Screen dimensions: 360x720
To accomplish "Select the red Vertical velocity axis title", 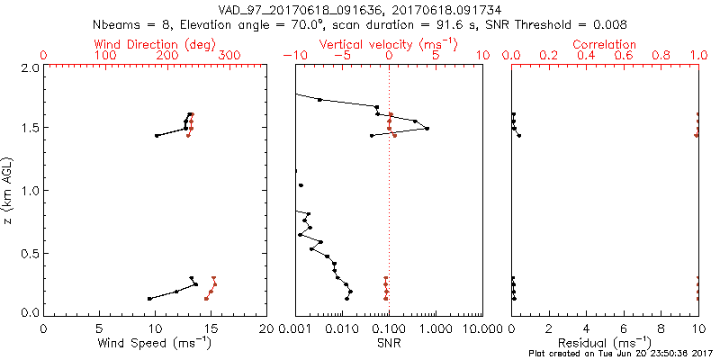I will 389,44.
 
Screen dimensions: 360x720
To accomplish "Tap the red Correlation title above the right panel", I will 605,44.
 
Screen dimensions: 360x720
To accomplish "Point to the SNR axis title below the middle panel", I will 388,342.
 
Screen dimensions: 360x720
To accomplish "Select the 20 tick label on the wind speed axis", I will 266,327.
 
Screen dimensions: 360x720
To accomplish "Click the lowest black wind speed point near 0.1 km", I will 149,298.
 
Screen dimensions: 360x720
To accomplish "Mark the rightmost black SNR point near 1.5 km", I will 427,129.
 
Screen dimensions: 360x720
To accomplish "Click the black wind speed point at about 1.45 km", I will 157,136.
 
